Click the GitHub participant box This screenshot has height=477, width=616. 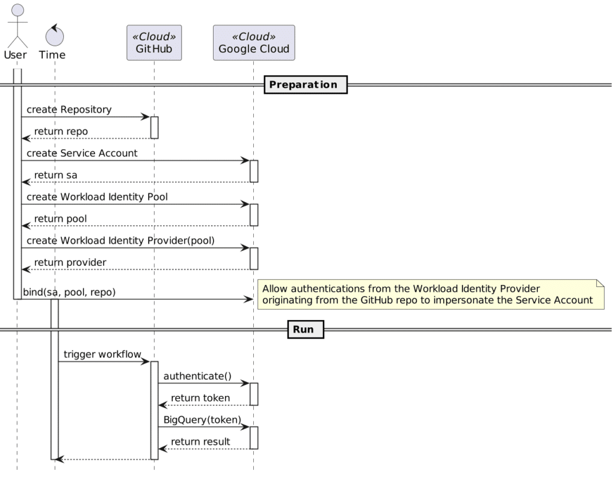coord(154,43)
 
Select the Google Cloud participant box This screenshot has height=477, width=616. coord(254,43)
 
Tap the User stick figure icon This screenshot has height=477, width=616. coord(17,26)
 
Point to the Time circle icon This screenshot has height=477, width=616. coord(55,35)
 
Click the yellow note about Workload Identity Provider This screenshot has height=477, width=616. coord(431,294)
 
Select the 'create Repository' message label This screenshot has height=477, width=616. coord(69,109)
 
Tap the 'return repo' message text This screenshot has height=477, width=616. coord(61,131)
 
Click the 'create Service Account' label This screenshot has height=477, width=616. coord(82,153)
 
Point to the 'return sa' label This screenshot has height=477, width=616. coord(55,175)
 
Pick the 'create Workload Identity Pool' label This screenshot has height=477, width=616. coord(97,197)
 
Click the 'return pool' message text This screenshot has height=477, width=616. coord(61,218)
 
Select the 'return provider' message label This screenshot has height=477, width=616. coord(70,262)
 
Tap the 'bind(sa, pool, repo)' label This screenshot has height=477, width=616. coord(69,292)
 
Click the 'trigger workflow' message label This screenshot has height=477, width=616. coord(102,354)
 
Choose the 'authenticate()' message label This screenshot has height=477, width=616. coord(197,376)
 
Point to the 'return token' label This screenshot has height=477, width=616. coord(200,398)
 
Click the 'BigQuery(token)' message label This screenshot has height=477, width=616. coord(202,420)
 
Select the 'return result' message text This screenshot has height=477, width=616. coord(200,442)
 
